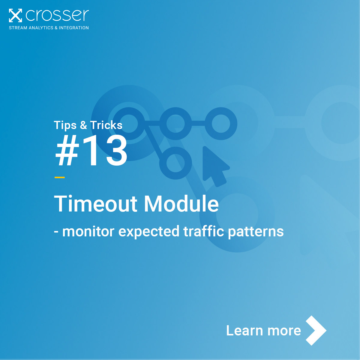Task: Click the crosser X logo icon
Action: click(15, 15)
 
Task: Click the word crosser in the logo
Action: click(57, 15)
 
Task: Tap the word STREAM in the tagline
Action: click(18, 28)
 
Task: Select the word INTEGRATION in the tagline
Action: click(74, 28)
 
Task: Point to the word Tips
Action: click(65, 125)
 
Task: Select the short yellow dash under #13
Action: click(60, 177)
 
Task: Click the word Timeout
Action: click(96, 203)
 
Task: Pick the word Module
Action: click(181, 203)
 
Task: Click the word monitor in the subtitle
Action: click(88, 232)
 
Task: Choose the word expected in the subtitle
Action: click(149, 232)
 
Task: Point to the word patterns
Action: click(256, 232)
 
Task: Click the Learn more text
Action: click(264, 331)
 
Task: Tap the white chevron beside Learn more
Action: click(316, 330)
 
